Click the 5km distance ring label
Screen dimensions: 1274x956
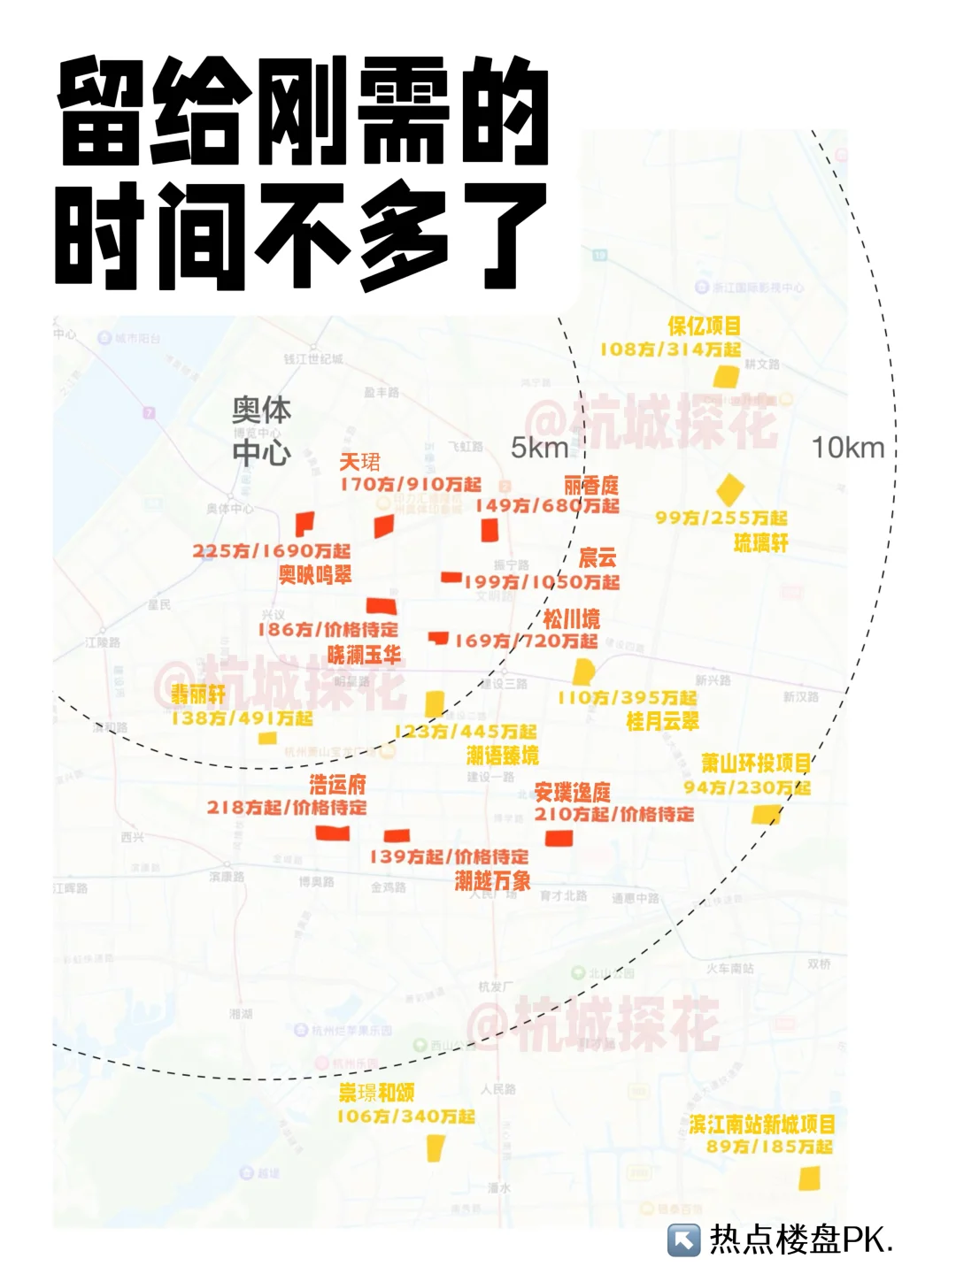pyautogui.click(x=539, y=448)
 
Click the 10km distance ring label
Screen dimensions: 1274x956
pyautogui.click(x=848, y=448)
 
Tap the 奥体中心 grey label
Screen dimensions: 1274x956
pyautogui.click(x=261, y=431)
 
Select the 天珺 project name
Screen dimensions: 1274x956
pyautogui.click(x=360, y=462)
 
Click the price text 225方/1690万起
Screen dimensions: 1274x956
pyautogui.click(x=272, y=551)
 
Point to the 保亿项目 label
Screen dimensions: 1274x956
pyautogui.click(x=704, y=326)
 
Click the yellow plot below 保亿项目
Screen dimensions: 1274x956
pyautogui.click(x=727, y=376)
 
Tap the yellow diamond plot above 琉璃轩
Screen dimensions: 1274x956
pyautogui.click(x=729, y=488)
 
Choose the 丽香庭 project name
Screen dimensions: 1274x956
pyautogui.click(x=591, y=485)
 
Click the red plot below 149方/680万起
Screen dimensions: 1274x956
pyautogui.click(x=489, y=530)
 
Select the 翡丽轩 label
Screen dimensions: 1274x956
pyautogui.click(x=198, y=695)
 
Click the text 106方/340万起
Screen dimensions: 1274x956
pyautogui.click(x=405, y=1117)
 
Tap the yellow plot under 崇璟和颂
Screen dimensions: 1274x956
pyautogui.click(x=435, y=1148)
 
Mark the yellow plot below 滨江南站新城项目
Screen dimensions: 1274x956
pyautogui.click(x=809, y=1178)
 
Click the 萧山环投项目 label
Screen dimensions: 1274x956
pyautogui.click(x=756, y=763)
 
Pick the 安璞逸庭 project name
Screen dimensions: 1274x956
pyautogui.click(x=572, y=792)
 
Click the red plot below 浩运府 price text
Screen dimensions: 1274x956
pyautogui.click(x=333, y=833)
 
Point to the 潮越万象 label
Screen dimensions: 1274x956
pyautogui.click(x=493, y=880)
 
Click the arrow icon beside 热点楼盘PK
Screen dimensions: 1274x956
pyautogui.click(x=683, y=1240)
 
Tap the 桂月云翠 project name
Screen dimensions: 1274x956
pyautogui.click(x=662, y=721)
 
